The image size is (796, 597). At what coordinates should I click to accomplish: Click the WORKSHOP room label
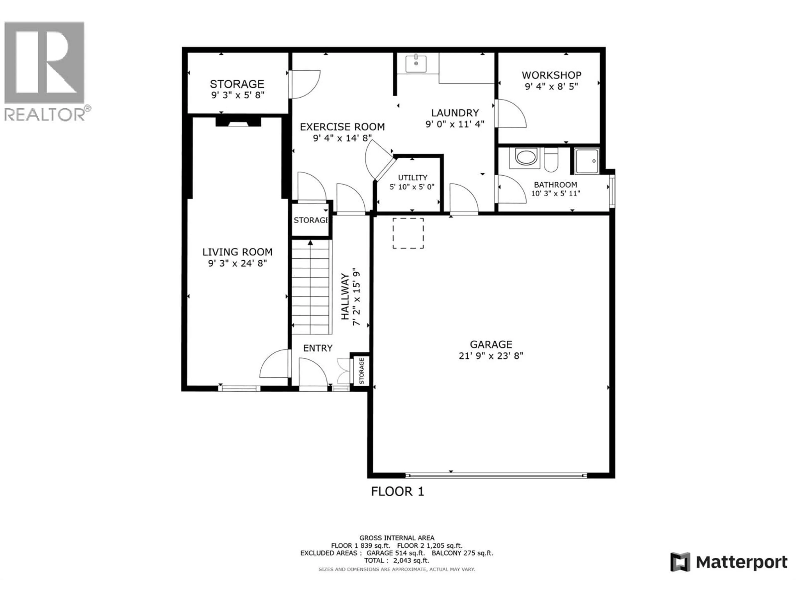coord(551,75)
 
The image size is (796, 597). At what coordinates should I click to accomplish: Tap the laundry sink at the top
coord(416,63)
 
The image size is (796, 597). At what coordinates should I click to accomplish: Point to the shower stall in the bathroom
coord(587,161)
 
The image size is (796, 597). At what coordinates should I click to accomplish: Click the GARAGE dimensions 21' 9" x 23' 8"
coord(491,356)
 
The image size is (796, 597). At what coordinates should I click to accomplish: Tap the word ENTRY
coord(318,348)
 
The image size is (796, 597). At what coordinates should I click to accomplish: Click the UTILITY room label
coord(412,178)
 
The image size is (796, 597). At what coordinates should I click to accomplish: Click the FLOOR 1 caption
coord(398,491)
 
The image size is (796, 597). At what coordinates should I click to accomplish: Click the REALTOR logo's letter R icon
coord(44,63)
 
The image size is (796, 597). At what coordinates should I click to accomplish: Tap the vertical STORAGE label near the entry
coord(361,371)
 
